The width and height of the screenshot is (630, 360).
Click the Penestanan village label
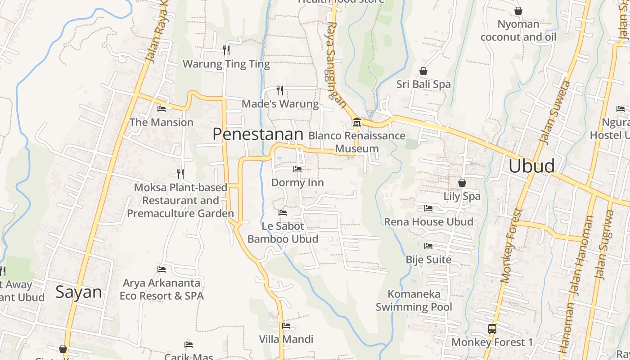tap(258, 134)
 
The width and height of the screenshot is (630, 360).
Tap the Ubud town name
tap(531, 166)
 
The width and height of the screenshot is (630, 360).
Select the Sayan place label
tap(79, 292)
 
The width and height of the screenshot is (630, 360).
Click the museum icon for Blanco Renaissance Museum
tap(356, 122)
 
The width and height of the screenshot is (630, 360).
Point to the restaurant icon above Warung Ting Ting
tap(226, 50)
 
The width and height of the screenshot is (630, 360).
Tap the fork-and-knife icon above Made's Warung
tap(280, 90)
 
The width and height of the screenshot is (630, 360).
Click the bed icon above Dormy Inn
tap(297, 169)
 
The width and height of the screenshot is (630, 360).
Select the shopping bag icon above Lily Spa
tap(462, 183)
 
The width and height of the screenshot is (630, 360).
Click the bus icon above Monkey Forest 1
tap(492, 328)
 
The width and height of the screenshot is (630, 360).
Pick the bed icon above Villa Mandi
tap(286, 326)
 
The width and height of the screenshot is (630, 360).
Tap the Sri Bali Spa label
tap(423, 84)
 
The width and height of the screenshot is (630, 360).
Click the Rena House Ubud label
tap(428, 222)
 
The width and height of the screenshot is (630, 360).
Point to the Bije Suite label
tap(428, 260)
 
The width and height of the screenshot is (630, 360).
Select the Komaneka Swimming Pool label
tap(414, 301)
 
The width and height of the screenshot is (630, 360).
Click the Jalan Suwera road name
tap(554, 112)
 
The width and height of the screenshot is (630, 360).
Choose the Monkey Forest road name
tap(512, 245)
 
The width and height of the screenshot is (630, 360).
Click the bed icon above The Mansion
tap(162, 108)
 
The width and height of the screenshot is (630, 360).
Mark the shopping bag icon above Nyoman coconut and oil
tap(518, 11)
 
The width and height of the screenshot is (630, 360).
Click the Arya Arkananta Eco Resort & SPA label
tap(162, 289)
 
